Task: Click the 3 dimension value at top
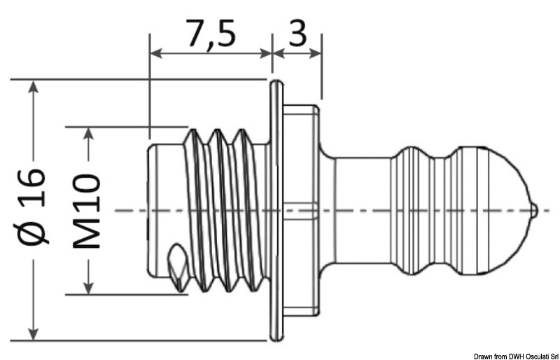(x=297, y=33)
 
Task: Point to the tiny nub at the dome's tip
(x=535, y=209)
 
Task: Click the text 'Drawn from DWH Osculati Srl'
(x=515, y=355)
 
